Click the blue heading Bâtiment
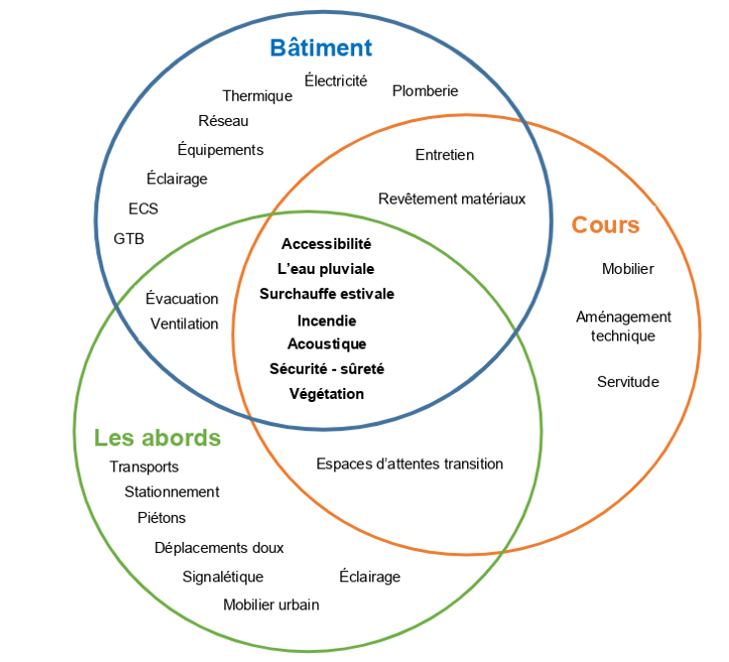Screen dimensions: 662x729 (321, 48)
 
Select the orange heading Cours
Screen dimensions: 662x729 (605, 225)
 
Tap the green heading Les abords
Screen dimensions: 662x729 (158, 438)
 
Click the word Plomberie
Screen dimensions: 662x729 (425, 90)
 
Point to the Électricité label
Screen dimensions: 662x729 (335, 80)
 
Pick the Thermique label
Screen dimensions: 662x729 (257, 96)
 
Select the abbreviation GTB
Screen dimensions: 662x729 (129, 238)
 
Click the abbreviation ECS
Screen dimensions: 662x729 (143, 208)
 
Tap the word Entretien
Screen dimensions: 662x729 (444, 155)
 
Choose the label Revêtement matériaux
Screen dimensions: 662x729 (451, 199)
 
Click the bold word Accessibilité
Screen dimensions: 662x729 (326, 243)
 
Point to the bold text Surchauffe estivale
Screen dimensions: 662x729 (326, 294)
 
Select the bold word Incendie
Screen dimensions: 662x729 (326, 321)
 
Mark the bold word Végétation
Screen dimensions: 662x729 (326, 394)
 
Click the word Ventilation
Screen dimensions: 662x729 (184, 324)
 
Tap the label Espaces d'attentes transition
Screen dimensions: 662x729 (410, 463)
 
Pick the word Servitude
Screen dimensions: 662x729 (628, 381)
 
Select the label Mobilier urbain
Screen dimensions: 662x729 (271, 604)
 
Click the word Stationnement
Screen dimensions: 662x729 (172, 491)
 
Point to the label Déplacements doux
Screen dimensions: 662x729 (219, 548)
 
